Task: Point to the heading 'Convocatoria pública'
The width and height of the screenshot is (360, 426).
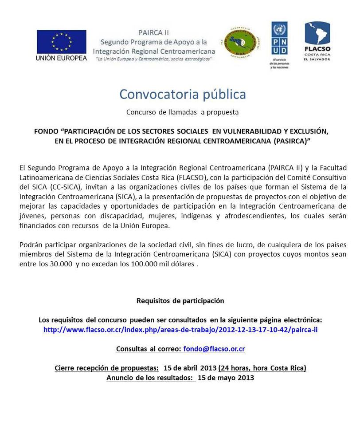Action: [182, 95]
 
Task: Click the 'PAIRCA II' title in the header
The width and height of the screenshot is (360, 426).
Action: [153, 33]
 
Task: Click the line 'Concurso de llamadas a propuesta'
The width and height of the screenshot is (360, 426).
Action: [182, 112]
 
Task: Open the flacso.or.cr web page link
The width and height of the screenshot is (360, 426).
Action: [180, 330]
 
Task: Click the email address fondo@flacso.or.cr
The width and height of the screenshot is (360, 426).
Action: [214, 349]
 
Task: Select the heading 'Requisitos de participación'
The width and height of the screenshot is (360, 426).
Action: [180, 300]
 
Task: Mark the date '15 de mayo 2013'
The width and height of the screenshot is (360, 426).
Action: [226, 378]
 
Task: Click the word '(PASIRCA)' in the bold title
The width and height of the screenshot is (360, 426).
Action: [290, 141]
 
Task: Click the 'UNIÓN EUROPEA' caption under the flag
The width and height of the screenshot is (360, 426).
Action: [61, 59]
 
